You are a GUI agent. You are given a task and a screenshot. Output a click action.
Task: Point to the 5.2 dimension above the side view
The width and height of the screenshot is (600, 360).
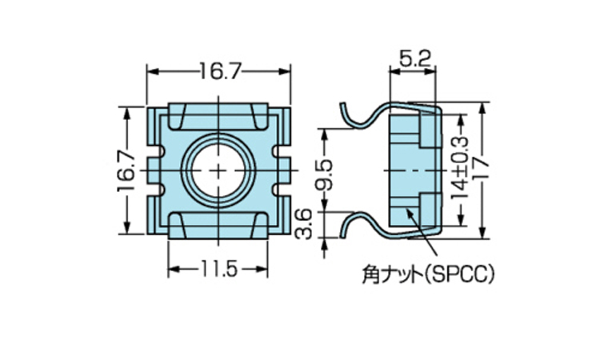click(414, 58)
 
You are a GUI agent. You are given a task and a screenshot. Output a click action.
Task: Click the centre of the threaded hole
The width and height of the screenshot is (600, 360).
click(220, 171)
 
